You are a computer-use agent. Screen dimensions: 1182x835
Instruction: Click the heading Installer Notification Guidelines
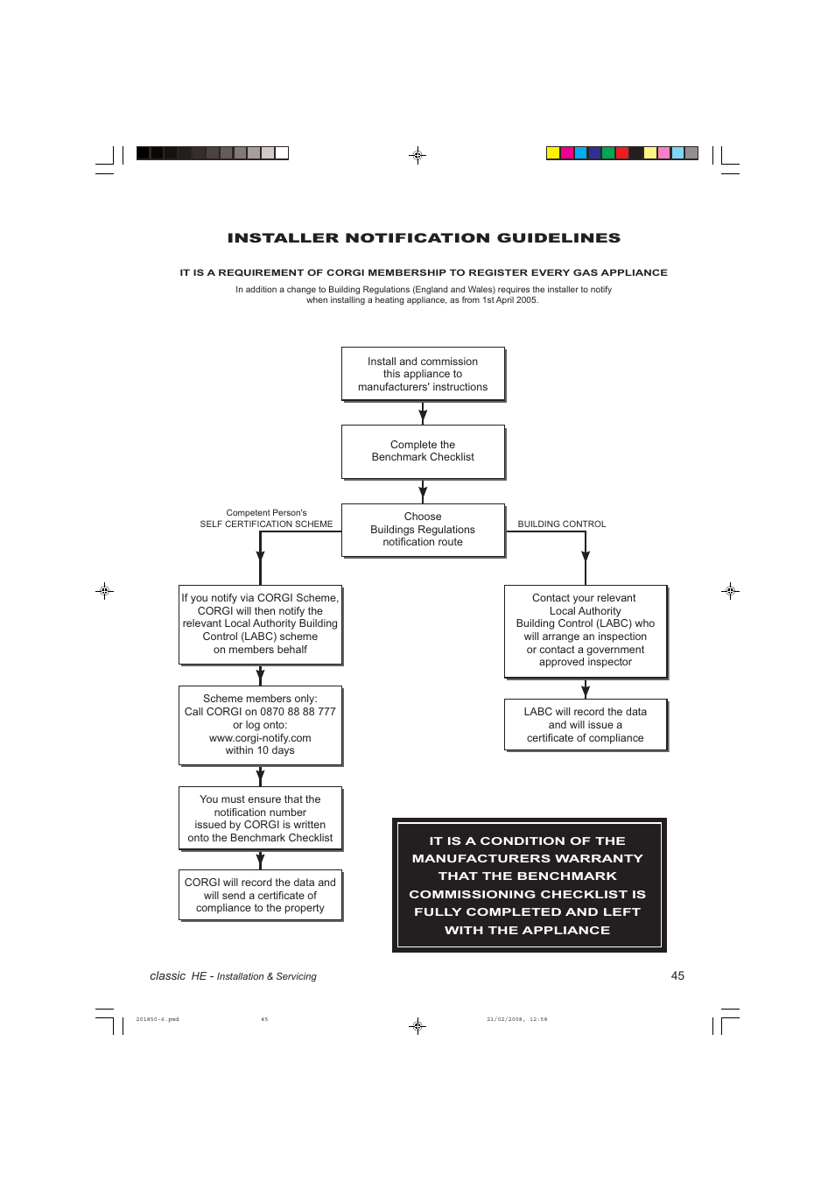point(424,238)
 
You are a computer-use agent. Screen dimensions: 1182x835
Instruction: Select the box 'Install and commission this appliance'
point(423,374)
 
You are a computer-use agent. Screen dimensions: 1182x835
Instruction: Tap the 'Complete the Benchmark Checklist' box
point(423,451)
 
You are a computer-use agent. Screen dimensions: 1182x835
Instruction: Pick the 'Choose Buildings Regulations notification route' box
point(423,530)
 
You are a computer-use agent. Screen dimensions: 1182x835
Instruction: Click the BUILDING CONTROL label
point(562,524)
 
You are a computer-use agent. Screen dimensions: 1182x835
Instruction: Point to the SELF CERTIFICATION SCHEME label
point(266,524)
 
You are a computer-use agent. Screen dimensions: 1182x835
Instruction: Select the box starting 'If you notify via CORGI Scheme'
point(260,624)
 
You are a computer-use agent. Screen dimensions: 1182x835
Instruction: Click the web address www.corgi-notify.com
point(260,738)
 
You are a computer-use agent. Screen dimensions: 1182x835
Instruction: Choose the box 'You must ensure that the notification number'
point(260,819)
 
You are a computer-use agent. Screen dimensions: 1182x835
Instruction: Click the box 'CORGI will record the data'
point(260,895)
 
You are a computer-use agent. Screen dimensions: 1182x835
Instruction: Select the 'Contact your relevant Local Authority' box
point(586,630)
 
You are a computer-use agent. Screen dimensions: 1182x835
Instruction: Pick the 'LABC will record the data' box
point(586,725)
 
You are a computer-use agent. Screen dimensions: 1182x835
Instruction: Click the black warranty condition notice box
point(529,885)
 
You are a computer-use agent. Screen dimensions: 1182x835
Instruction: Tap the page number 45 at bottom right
point(677,975)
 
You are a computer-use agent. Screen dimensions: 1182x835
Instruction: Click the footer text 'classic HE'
point(178,976)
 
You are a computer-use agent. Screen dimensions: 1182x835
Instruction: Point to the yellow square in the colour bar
point(553,153)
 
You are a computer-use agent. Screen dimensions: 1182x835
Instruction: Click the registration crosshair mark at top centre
point(417,156)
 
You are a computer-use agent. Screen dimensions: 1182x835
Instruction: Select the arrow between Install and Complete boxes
point(423,413)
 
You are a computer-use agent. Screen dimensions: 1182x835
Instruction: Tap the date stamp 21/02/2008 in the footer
point(505,1019)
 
